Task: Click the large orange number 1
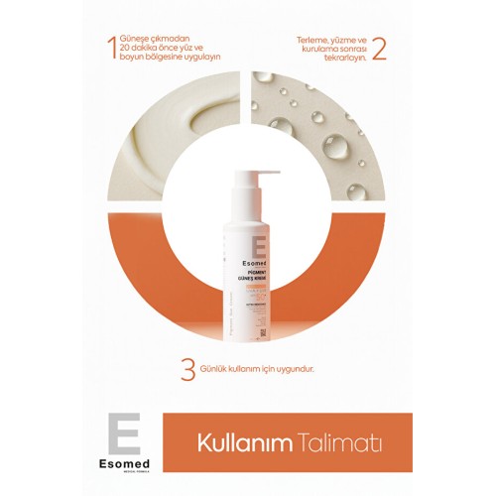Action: [x=111, y=48]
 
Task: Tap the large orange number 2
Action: [x=379, y=48]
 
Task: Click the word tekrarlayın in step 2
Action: [x=339, y=57]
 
